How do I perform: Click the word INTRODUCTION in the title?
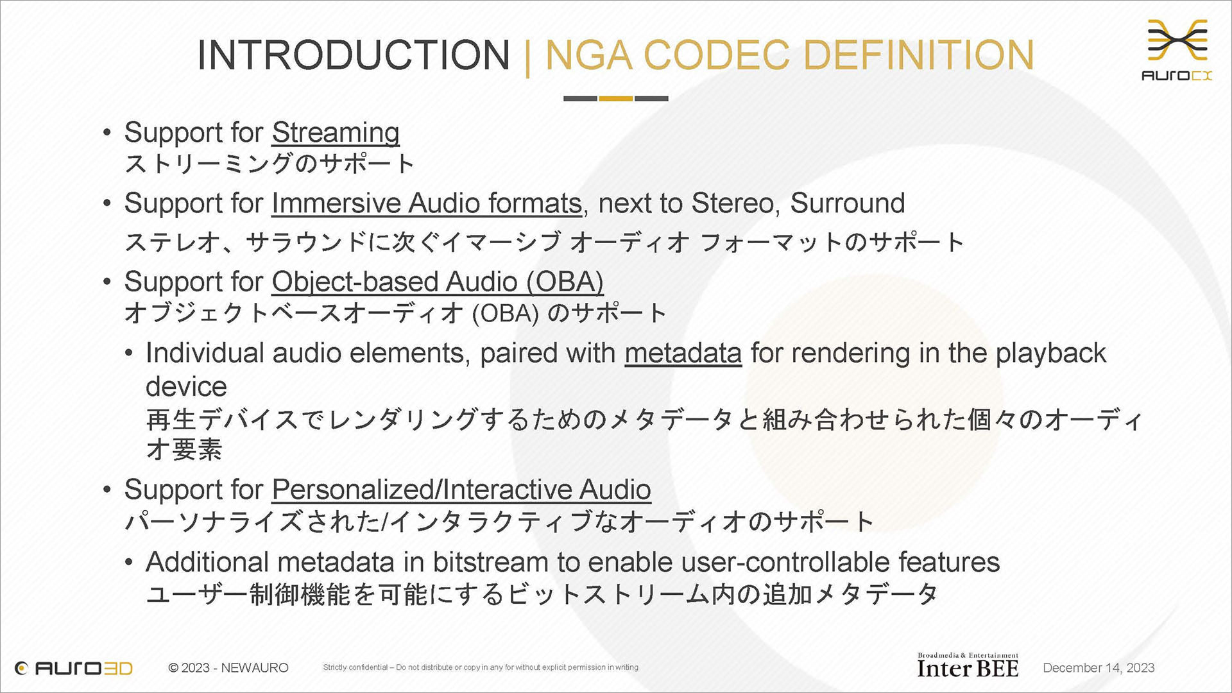click(354, 55)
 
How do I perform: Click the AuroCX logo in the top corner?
click(1177, 50)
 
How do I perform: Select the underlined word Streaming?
click(336, 133)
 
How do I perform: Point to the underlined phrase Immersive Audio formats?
click(427, 203)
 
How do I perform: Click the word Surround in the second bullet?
click(848, 203)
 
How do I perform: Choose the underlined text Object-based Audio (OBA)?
click(438, 282)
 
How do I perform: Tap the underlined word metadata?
click(683, 353)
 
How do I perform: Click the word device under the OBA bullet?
click(186, 387)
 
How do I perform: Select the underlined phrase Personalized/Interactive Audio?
click(461, 490)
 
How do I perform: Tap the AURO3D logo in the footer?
click(73, 668)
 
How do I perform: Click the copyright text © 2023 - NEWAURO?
click(228, 668)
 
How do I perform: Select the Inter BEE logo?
click(968, 665)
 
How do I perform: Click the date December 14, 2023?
click(1099, 668)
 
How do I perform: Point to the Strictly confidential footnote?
click(481, 667)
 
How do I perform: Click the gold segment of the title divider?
click(616, 98)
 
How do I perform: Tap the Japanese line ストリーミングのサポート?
click(269, 164)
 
